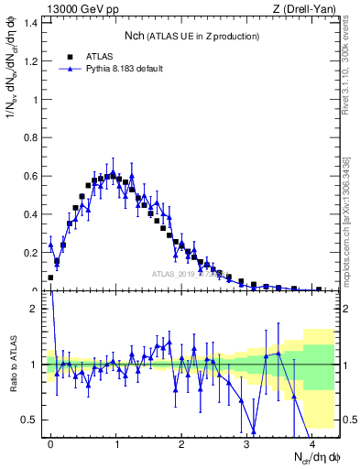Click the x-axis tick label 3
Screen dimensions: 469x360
coord(247,443)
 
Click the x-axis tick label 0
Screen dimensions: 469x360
coord(51,443)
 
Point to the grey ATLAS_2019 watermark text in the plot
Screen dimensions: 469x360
coord(188,274)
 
